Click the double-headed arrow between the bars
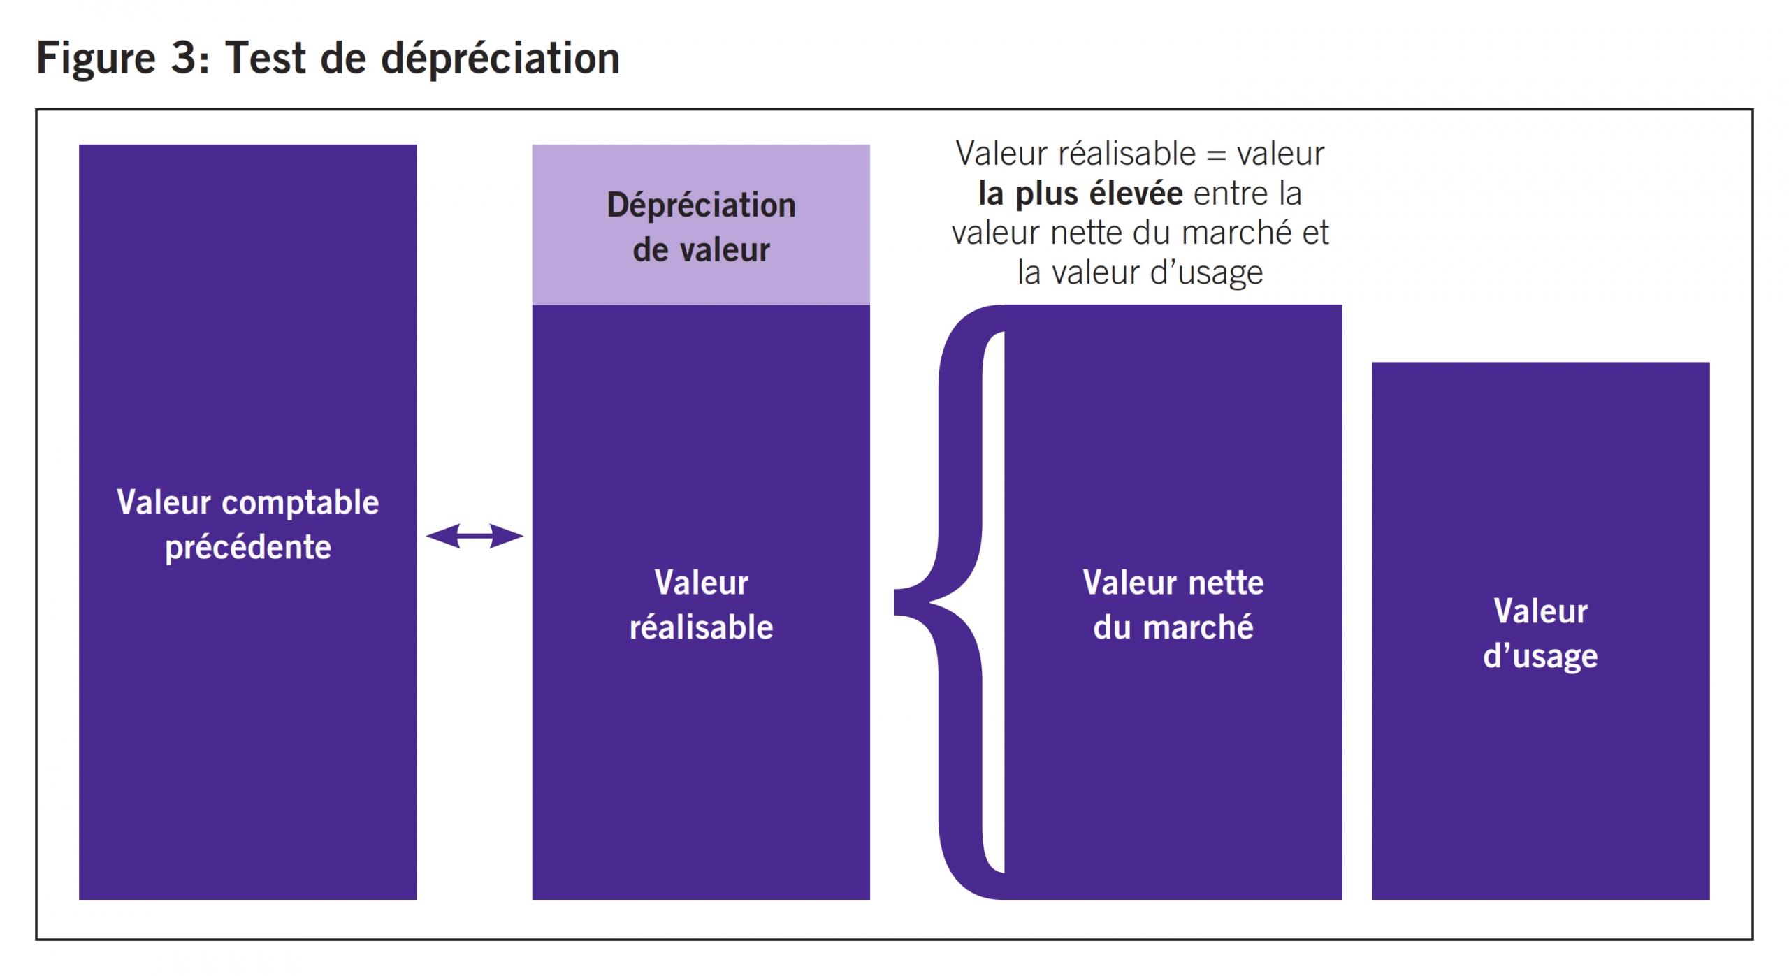pyautogui.click(x=475, y=536)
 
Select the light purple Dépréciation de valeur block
pyautogui.click(x=701, y=225)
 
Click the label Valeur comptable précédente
pyautogui.click(x=247, y=524)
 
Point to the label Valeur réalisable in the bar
pyautogui.click(x=701, y=604)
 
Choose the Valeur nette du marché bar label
pyautogui.click(x=1173, y=604)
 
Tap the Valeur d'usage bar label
pyautogui.click(x=1540, y=633)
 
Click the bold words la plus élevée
pyautogui.click(x=1080, y=194)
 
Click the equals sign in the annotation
pyautogui.click(x=1217, y=154)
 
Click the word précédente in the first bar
pyautogui.click(x=248, y=547)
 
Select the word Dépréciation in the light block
pyautogui.click(x=701, y=205)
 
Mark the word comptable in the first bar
pyautogui.click(x=300, y=502)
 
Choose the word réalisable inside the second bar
pyautogui.click(x=701, y=627)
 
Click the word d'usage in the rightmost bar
pyautogui.click(x=1540, y=656)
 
